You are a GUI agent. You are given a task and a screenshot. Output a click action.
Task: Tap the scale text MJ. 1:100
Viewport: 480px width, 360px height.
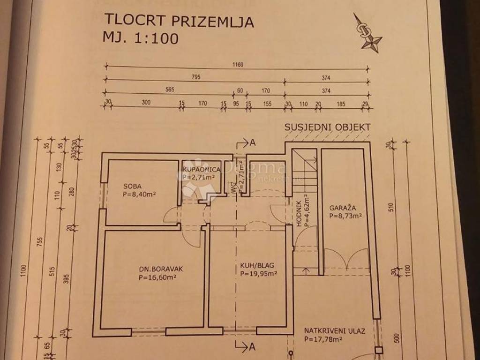[140, 38]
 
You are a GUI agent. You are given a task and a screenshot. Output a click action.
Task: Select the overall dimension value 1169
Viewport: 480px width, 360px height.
[238, 66]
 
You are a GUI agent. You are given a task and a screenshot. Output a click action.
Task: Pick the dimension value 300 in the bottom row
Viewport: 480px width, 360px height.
[146, 104]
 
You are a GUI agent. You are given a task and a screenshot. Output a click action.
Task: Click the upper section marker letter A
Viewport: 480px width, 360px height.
[252, 143]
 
